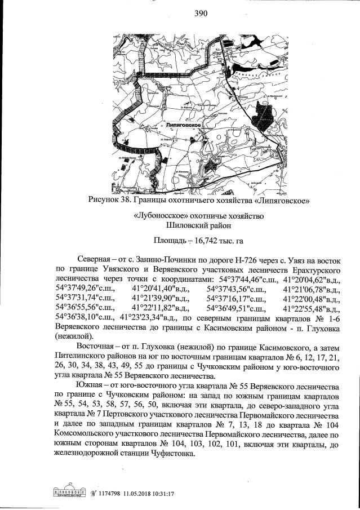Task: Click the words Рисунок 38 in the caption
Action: tap(111, 200)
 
